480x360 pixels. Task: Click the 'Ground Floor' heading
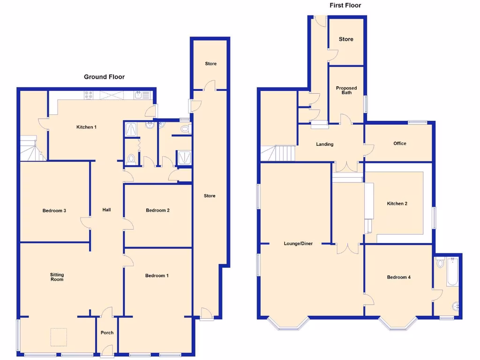(104, 77)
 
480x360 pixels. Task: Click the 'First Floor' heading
(345, 6)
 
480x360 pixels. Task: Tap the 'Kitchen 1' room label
(87, 127)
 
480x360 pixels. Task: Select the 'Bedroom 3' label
(54, 210)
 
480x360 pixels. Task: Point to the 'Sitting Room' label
(57, 277)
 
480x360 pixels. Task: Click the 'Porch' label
(107, 333)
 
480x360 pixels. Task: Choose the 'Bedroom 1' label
(157, 276)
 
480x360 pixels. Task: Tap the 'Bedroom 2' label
(157, 210)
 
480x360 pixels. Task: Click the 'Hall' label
(106, 210)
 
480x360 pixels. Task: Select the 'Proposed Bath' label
(346, 90)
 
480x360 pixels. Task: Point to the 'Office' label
(400, 143)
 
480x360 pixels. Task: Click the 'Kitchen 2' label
(397, 203)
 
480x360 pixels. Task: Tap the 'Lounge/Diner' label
(298, 244)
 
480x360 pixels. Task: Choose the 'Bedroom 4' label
(398, 277)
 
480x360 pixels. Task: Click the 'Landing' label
(324, 144)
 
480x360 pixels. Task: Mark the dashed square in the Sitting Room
(59, 337)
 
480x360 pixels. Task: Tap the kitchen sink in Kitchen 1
(139, 95)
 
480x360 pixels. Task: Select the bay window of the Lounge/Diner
(288, 323)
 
